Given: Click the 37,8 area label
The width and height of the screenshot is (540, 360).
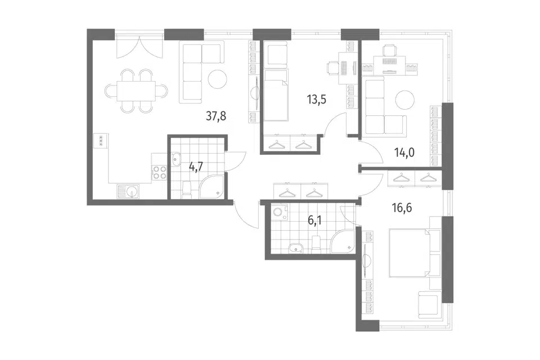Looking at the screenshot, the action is coord(216,116).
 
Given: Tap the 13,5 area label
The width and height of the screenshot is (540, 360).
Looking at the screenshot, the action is coord(316,100).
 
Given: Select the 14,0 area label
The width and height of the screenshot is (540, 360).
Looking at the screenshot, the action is coord(404,152).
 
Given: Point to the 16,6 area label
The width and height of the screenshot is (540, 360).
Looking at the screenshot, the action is coord(402,208).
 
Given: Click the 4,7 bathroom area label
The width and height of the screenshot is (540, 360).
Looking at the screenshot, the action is coord(196,166).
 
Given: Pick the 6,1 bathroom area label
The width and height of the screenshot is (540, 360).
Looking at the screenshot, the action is coord(314,220).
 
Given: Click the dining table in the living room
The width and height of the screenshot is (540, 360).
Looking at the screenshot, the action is coord(136,91).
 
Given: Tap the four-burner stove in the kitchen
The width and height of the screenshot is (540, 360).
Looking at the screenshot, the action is coord(159,172).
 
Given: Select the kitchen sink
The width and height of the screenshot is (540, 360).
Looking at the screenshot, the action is coord(128,192).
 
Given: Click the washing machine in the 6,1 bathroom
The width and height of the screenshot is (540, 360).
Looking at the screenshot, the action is coord(277,211).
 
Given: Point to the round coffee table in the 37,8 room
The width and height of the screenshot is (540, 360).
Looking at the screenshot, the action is coord(217,79).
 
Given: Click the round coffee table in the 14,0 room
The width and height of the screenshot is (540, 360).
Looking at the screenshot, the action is coord(404,100).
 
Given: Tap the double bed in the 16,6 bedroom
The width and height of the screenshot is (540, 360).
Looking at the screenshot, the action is coord(415,253).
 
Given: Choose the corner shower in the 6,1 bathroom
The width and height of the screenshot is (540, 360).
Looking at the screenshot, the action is coord(343,241).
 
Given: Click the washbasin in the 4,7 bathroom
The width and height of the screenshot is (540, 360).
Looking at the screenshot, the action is coord(177,159).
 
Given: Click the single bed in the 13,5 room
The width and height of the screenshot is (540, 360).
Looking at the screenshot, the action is coord(276,94).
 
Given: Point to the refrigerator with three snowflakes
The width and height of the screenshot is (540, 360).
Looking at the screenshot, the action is coord(101,141).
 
